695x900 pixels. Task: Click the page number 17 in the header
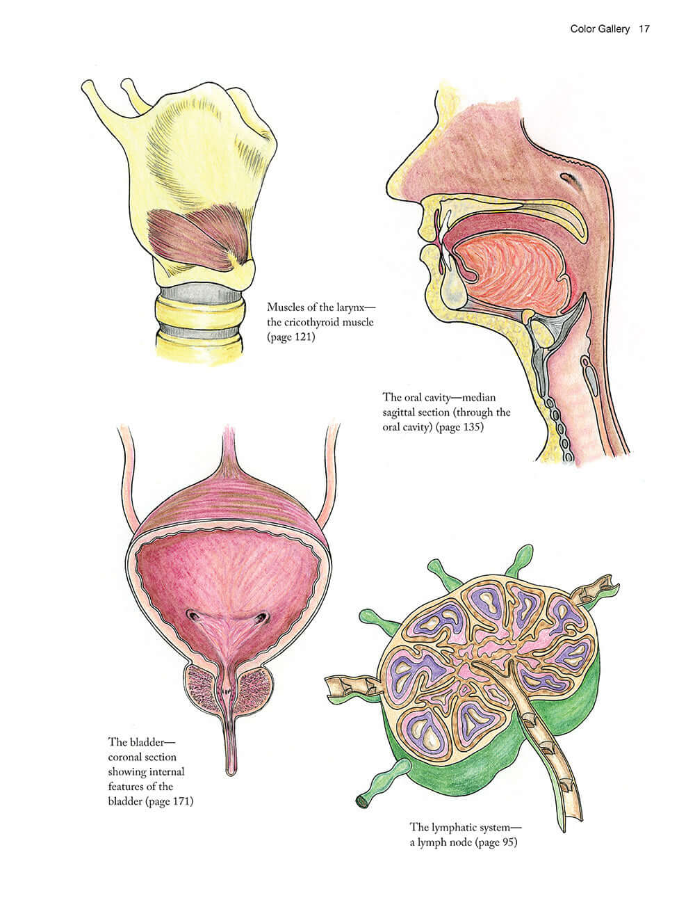click(644, 29)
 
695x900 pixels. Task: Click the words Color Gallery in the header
click(600, 29)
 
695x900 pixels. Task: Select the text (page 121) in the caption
click(291, 337)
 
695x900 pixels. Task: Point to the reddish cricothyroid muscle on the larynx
click(199, 237)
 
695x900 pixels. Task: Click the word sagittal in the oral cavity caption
click(399, 412)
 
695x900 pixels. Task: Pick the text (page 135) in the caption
click(460, 427)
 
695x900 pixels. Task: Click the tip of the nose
click(389, 182)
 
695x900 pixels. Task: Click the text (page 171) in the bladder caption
click(170, 802)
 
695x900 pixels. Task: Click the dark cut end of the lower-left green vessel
click(362, 801)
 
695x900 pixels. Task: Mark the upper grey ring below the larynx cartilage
click(202, 294)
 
